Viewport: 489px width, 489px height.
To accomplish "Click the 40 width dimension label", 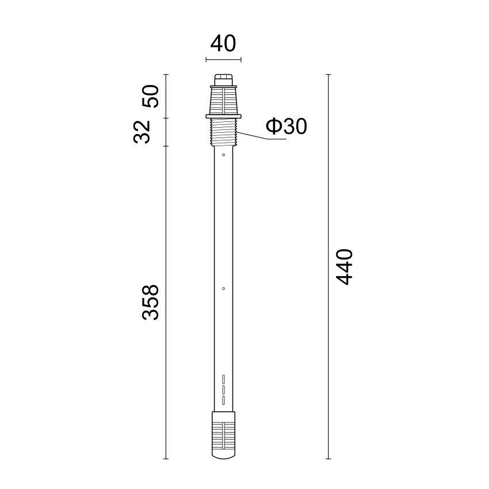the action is [223, 44].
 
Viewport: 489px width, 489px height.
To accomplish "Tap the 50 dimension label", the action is [151, 96].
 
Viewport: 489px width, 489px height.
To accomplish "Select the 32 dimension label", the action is [142, 132].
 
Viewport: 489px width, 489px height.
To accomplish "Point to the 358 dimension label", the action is [151, 302].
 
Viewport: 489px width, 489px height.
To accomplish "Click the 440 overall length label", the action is [344, 266].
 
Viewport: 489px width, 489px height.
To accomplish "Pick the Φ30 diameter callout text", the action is [286, 127].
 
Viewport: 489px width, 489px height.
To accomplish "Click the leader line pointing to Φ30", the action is [261, 136].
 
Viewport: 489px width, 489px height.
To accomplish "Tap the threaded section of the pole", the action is [224, 132].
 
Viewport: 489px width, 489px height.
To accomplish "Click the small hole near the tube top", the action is [223, 155].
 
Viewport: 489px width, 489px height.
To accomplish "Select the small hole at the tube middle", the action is [223, 288].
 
